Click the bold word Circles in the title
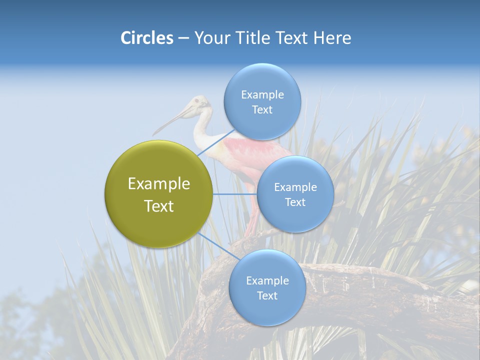146,38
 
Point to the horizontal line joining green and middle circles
234,193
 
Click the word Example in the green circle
158,184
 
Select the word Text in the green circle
158,206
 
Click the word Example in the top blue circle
262,95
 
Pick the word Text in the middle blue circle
295,202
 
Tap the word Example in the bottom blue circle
267,281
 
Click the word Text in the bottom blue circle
267,296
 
